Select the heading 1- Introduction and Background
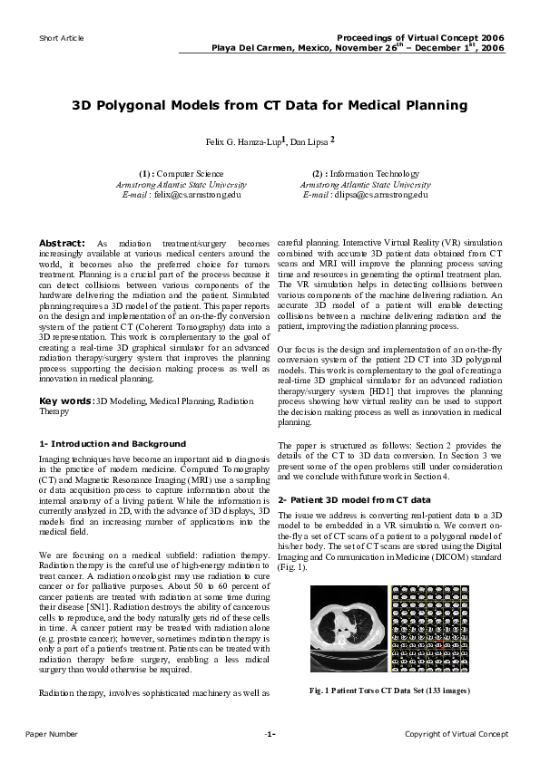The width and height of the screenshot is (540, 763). pyautogui.click(x=113, y=444)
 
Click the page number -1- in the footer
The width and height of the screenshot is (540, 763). pyautogui.click(x=270, y=733)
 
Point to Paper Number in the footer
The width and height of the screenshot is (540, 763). pyautogui.click(x=51, y=733)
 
